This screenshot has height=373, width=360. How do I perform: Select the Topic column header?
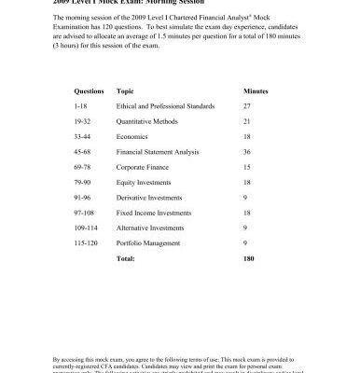pyautogui.click(x=125, y=91)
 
